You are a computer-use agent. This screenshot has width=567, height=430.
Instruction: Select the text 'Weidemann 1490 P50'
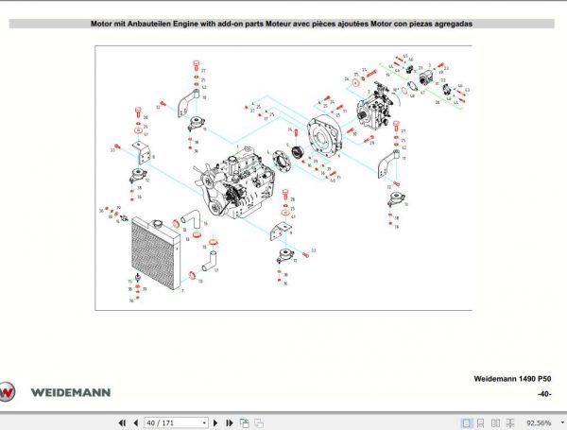click(x=513, y=378)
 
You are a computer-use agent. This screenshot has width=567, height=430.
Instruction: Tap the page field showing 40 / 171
click(x=174, y=422)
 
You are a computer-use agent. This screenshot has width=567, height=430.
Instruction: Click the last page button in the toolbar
click(x=229, y=422)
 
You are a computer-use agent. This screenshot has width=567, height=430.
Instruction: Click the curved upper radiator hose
click(x=190, y=221)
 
